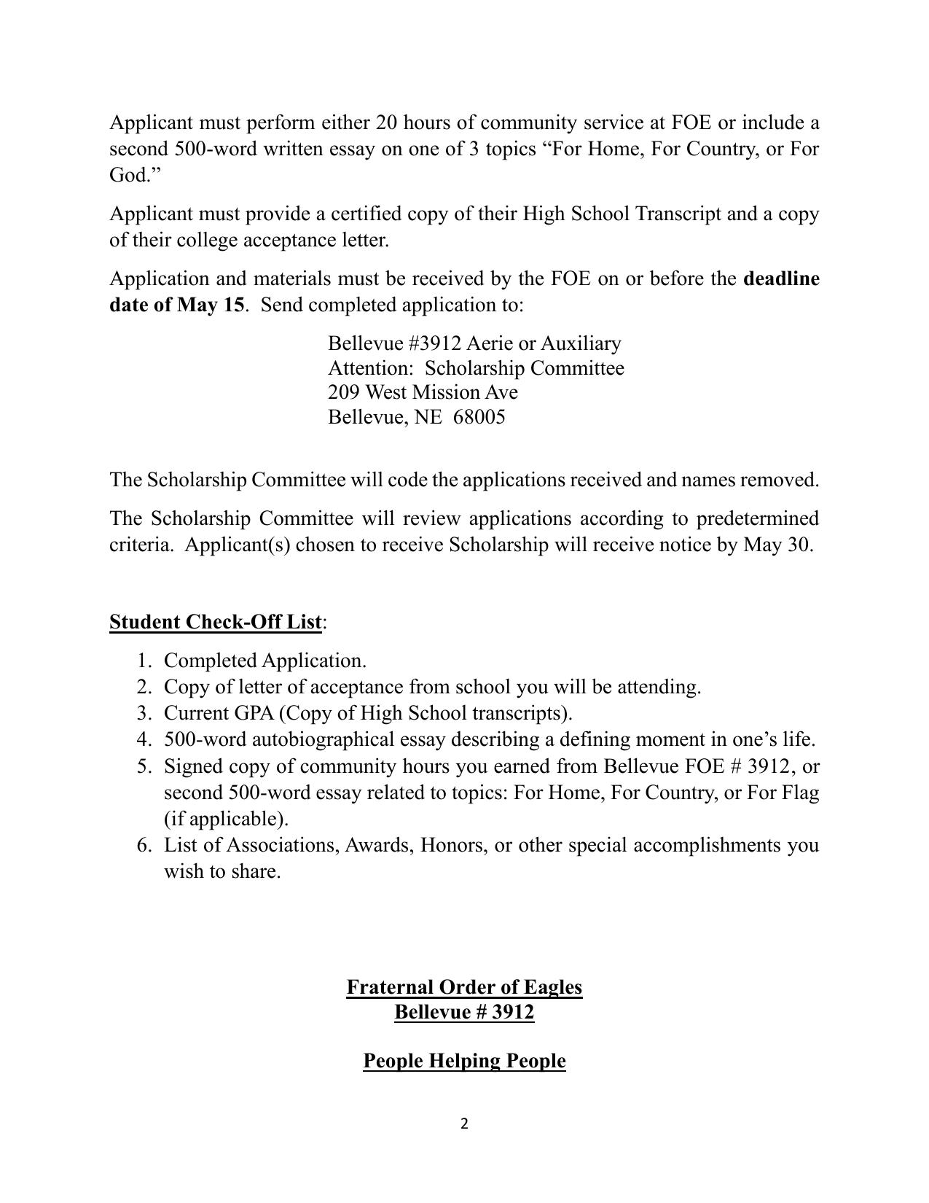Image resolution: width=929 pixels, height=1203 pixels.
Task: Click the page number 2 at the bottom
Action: tap(464, 1124)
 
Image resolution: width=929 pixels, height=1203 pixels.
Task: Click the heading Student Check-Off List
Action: tap(215, 622)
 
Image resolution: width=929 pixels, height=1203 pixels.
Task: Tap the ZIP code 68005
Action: tap(479, 417)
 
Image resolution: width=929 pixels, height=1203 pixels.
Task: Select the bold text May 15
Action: tap(211, 305)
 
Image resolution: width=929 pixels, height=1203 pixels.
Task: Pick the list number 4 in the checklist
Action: tap(143, 739)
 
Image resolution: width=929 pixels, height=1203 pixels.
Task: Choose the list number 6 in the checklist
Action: tap(143, 845)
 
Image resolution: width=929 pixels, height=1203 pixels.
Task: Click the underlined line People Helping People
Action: tap(464, 1060)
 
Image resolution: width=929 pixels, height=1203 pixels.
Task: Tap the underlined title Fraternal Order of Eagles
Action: tap(464, 987)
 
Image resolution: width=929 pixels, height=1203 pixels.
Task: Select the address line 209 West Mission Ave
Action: tap(423, 392)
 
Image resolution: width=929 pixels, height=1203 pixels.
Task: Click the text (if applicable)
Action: tap(226, 819)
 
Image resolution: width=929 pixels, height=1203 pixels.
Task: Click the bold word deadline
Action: tap(781, 279)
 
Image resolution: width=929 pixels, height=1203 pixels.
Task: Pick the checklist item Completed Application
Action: tap(264, 661)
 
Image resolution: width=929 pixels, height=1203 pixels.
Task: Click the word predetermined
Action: tap(757, 518)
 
